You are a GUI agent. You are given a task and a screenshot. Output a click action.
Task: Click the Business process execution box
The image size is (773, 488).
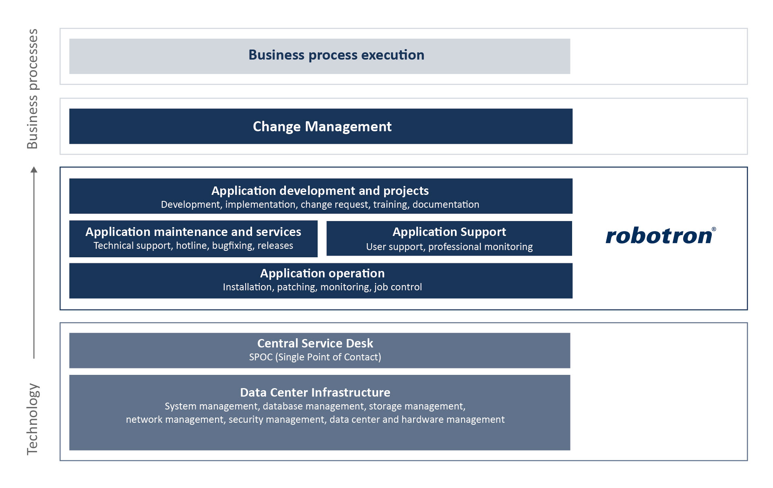click(x=320, y=56)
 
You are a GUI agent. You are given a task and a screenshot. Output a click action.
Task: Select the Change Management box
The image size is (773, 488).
click(x=321, y=126)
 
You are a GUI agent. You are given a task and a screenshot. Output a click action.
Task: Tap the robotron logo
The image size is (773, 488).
click(x=661, y=236)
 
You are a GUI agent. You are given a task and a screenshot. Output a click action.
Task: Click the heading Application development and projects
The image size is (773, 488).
click(x=320, y=191)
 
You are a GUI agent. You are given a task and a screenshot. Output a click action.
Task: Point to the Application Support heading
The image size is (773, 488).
click(x=449, y=232)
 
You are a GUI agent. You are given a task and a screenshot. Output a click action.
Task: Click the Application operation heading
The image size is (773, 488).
click(x=322, y=273)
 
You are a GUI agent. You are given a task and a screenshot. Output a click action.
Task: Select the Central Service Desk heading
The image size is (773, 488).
click(x=315, y=343)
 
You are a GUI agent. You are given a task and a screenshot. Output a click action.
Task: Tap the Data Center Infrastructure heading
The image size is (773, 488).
click(x=315, y=392)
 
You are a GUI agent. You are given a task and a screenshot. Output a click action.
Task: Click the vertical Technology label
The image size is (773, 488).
click(x=33, y=419)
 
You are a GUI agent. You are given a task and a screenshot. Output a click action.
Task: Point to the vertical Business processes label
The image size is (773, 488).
click(x=33, y=89)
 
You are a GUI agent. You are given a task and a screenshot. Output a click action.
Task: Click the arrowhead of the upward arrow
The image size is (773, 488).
click(x=34, y=170)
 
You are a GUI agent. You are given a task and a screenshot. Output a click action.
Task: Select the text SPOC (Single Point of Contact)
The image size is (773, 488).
click(x=315, y=357)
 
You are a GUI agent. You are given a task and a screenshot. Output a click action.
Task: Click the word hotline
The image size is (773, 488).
click(x=191, y=246)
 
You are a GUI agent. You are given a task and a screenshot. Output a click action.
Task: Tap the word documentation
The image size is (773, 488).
click(x=446, y=205)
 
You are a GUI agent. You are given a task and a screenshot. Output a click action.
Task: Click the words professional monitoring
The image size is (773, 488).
click(x=480, y=247)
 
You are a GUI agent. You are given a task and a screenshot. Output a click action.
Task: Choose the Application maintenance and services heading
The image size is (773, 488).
click(x=193, y=232)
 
